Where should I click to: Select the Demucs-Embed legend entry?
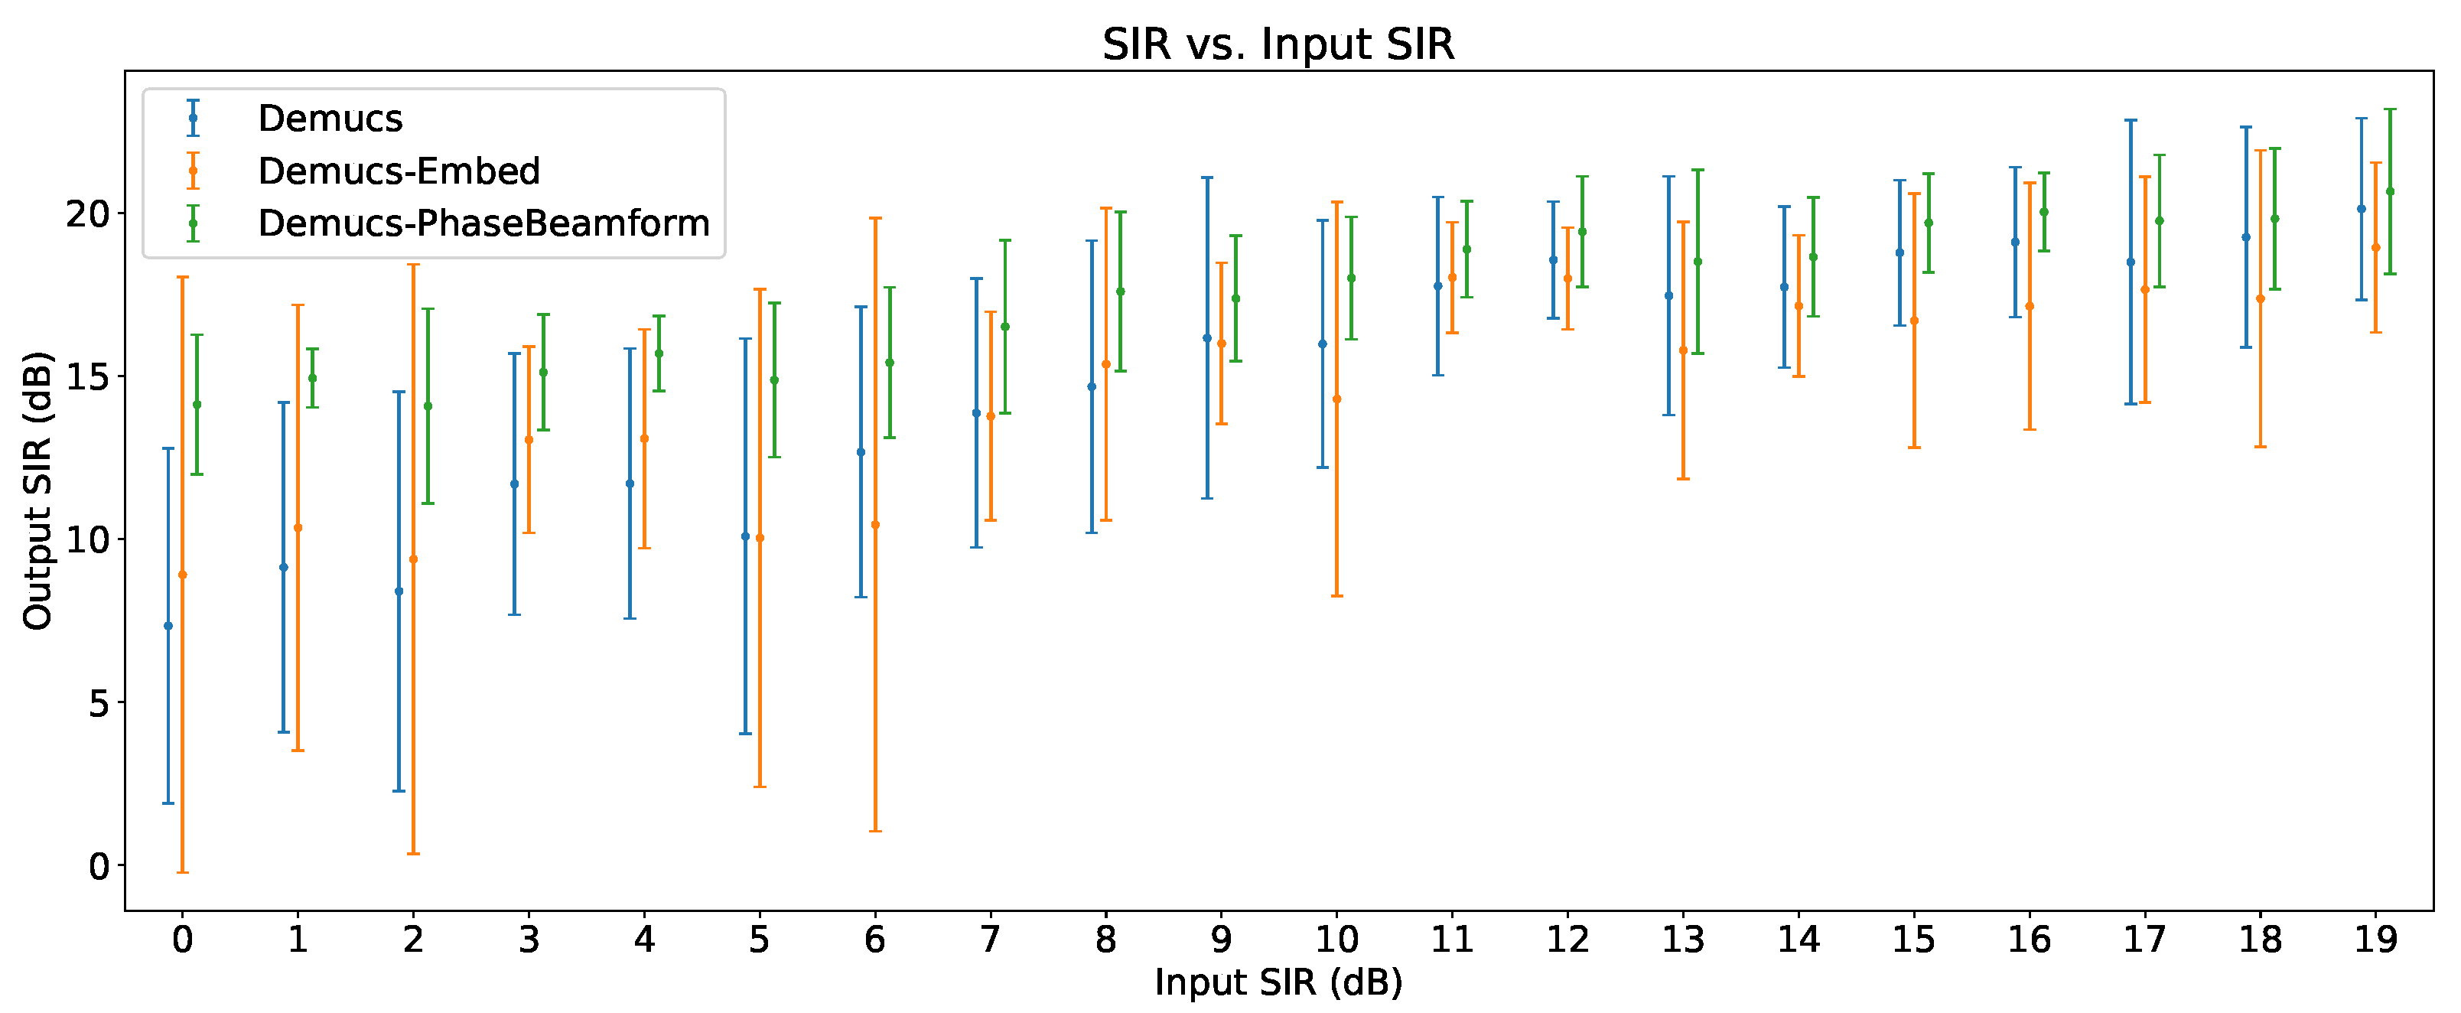click(399, 171)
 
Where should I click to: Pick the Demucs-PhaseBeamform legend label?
click(483, 223)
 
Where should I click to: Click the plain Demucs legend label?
click(330, 119)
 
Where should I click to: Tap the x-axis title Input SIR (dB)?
click(1278, 982)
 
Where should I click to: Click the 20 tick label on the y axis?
click(88, 213)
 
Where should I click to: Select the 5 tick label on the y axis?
click(99, 703)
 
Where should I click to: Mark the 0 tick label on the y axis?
click(99, 867)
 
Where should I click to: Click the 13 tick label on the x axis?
click(1682, 940)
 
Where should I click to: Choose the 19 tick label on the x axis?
click(2375, 940)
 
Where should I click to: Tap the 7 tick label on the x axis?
click(990, 940)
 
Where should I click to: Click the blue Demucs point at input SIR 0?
click(168, 626)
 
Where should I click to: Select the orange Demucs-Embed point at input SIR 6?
click(875, 525)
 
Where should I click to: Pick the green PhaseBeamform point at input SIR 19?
click(2391, 191)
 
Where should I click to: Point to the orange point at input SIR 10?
click(1336, 399)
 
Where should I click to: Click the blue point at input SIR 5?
click(745, 536)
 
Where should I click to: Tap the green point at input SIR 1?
click(312, 377)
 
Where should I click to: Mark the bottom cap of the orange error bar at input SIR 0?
click(183, 872)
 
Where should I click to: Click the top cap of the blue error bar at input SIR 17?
click(2131, 120)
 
